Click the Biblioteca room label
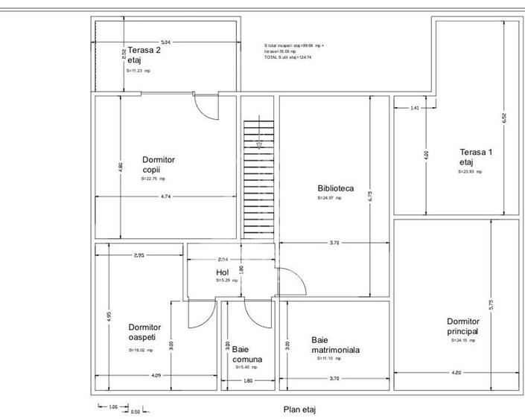point(335,189)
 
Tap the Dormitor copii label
point(158,164)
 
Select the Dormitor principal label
point(462,326)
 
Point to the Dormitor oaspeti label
point(144,332)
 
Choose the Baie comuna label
point(246,354)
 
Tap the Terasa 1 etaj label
point(476,157)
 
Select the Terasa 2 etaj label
point(143,55)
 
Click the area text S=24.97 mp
point(329,199)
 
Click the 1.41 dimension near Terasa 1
point(415,108)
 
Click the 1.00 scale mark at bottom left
point(113,407)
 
